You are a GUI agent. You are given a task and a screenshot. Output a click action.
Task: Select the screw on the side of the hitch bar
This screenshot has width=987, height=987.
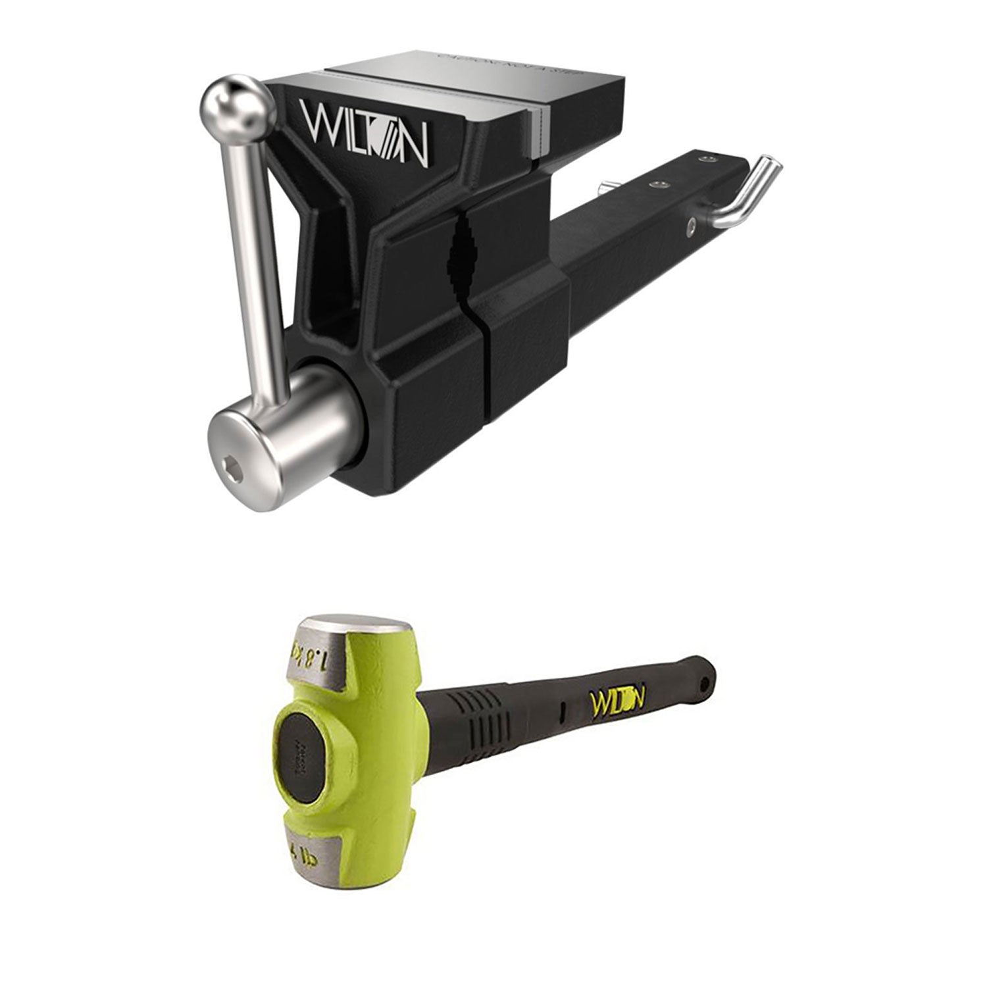tap(690, 226)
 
